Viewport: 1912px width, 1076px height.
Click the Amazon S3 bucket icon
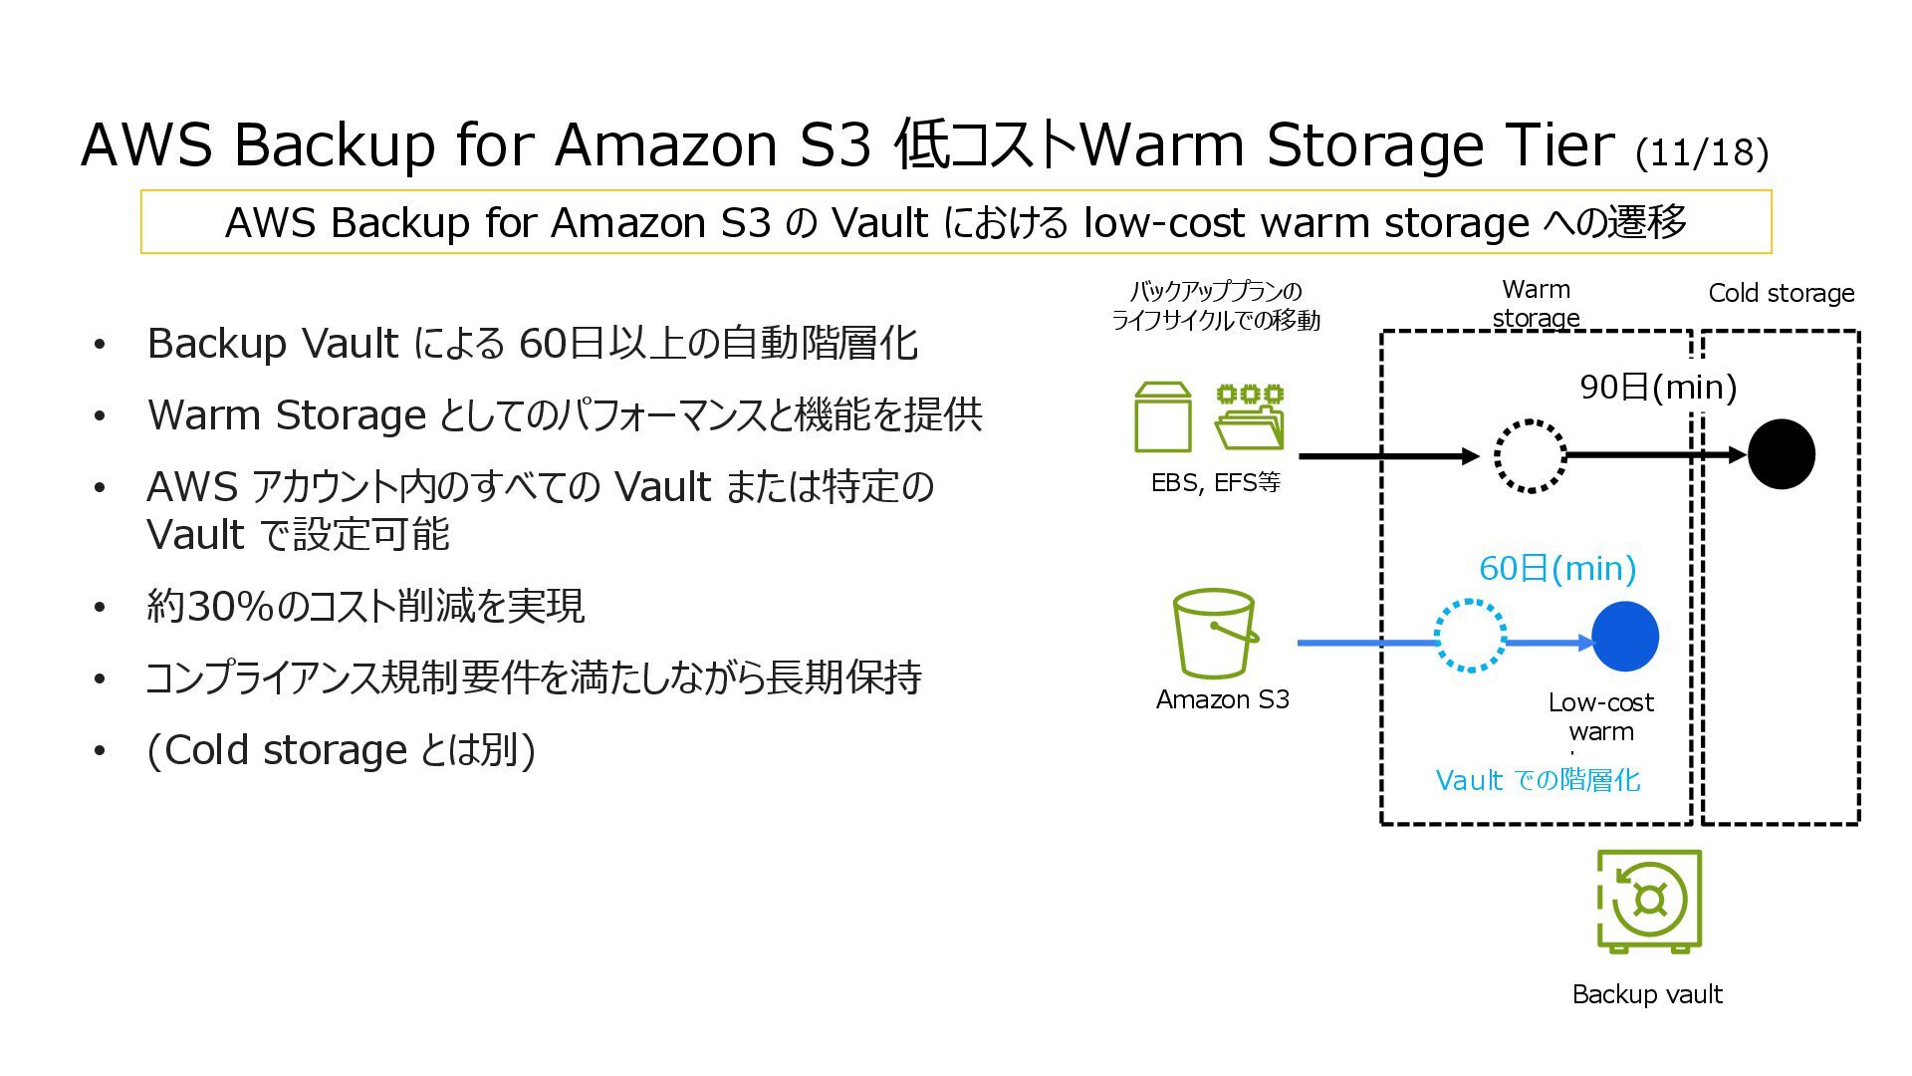click(x=1215, y=634)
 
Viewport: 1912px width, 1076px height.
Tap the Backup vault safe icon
click(x=1649, y=901)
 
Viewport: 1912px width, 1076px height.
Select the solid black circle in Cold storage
click(x=1782, y=454)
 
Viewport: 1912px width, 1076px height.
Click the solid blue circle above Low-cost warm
click(x=1625, y=637)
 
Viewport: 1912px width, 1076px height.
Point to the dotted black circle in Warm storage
click(x=1531, y=456)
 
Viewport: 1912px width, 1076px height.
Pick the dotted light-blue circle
click(x=1471, y=637)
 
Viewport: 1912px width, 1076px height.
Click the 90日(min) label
click(x=1658, y=387)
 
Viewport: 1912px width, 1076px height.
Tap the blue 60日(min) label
click(x=1557, y=568)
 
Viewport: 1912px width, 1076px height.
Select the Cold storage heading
click(x=1781, y=293)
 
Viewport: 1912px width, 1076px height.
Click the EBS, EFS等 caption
click(x=1215, y=483)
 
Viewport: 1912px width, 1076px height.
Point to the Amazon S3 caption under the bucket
click(x=1222, y=699)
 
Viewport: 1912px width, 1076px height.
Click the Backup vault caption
click(x=1647, y=994)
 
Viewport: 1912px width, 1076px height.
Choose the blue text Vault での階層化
click(x=1537, y=779)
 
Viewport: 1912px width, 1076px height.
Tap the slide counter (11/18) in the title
click(x=1701, y=152)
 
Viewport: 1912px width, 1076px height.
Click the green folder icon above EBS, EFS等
click(x=1250, y=418)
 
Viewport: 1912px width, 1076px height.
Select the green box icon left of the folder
click(x=1163, y=418)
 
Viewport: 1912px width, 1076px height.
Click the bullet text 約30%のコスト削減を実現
click(x=364, y=606)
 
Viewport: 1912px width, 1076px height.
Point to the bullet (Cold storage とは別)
click(x=341, y=750)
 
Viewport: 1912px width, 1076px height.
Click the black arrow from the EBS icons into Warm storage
click(x=1388, y=456)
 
